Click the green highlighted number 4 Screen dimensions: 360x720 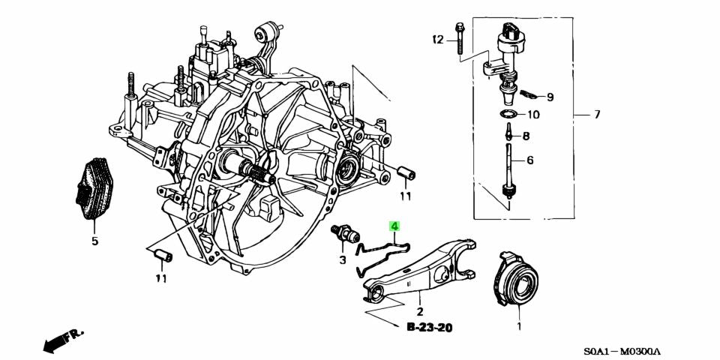coord(394,226)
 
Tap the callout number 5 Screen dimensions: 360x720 coord(95,241)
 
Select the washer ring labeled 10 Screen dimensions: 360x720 coord(508,115)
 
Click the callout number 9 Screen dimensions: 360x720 coord(550,97)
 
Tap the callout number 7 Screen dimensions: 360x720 coord(597,115)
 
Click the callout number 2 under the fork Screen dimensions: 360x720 coord(420,311)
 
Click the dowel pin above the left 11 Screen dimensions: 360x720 coord(162,256)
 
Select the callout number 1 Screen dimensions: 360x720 coord(517,326)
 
